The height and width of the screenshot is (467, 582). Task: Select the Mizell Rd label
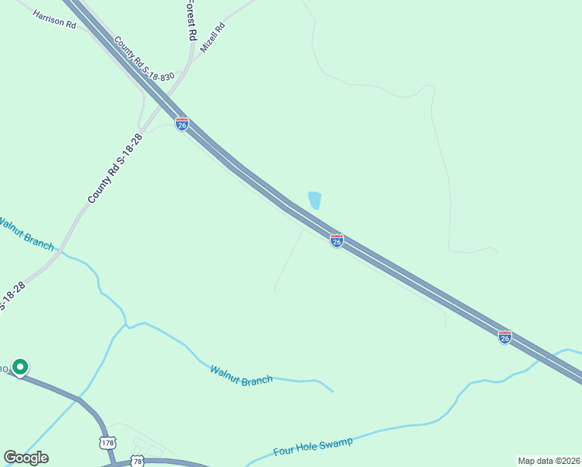pyautogui.click(x=212, y=37)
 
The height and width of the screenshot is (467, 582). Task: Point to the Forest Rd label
pyautogui.click(x=189, y=19)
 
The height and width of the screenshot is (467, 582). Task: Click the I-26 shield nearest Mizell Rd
pyautogui.click(x=181, y=125)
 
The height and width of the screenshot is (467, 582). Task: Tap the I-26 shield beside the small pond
pyautogui.click(x=337, y=241)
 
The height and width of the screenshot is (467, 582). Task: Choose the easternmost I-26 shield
pyautogui.click(x=505, y=337)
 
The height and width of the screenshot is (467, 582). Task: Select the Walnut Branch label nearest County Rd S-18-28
pyautogui.click(x=26, y=234)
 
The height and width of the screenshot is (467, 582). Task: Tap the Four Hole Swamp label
pyautogui.click(x=313, y=448)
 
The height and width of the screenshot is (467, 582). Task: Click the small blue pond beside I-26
pyautogui.click(x=314, y=200)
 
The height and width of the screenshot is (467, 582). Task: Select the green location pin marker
pyautogui.click(x=20, y=367)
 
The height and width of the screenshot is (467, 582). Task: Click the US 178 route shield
pyautogui.click(x=107, y=443)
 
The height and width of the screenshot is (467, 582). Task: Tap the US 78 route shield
pyautogui.click(x=138, y=461)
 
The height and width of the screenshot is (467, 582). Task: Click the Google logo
pyautogui.click(x=26, y=458)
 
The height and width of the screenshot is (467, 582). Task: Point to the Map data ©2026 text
pyautogui.click(x=549, y=461)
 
